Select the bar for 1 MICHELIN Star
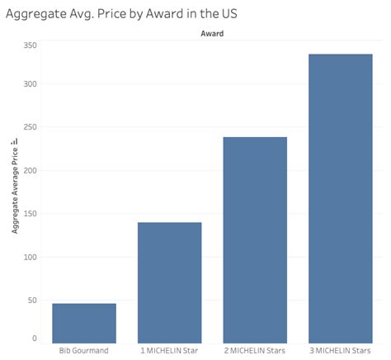point(169,282)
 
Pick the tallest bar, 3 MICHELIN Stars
point(340,198)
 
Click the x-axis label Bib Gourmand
point(84,351)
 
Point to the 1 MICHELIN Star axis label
point(169,351)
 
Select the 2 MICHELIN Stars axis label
point(255,351)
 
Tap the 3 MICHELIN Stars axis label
point(340,351)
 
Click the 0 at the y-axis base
point(34,338)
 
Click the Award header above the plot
point(212,34)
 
